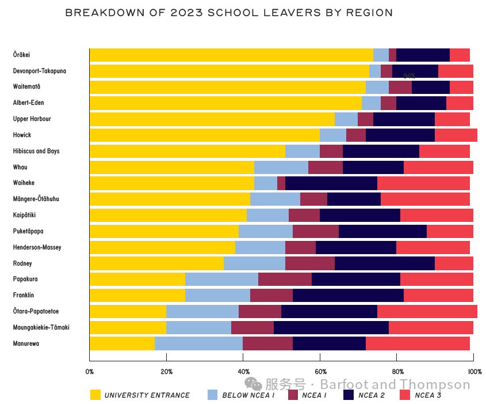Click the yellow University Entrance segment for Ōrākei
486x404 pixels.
[232, 55]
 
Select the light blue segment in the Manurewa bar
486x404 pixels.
[198, 343]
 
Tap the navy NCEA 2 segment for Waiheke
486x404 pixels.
[331, 183]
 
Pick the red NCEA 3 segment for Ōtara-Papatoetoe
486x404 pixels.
[427, 311]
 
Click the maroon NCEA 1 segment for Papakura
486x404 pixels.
[285, 279]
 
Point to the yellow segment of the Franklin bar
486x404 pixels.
[137, 295]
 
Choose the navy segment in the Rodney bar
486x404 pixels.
[385, 263]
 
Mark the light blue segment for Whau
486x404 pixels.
[281, 167]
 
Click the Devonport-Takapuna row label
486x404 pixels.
[39, 71]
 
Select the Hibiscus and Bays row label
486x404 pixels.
[36, 151]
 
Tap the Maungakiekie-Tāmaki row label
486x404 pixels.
[41, 327]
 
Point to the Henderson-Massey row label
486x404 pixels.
[37, 247]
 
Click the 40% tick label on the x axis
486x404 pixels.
[243, 372]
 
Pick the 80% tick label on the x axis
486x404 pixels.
[397, 372]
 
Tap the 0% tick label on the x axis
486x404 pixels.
[90, 372]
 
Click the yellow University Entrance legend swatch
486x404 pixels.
[95, 395]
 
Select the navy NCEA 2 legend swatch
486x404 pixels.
[349, 395]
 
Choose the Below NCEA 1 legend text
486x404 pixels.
[248, 395]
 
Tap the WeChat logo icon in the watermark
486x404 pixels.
[253, 384]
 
